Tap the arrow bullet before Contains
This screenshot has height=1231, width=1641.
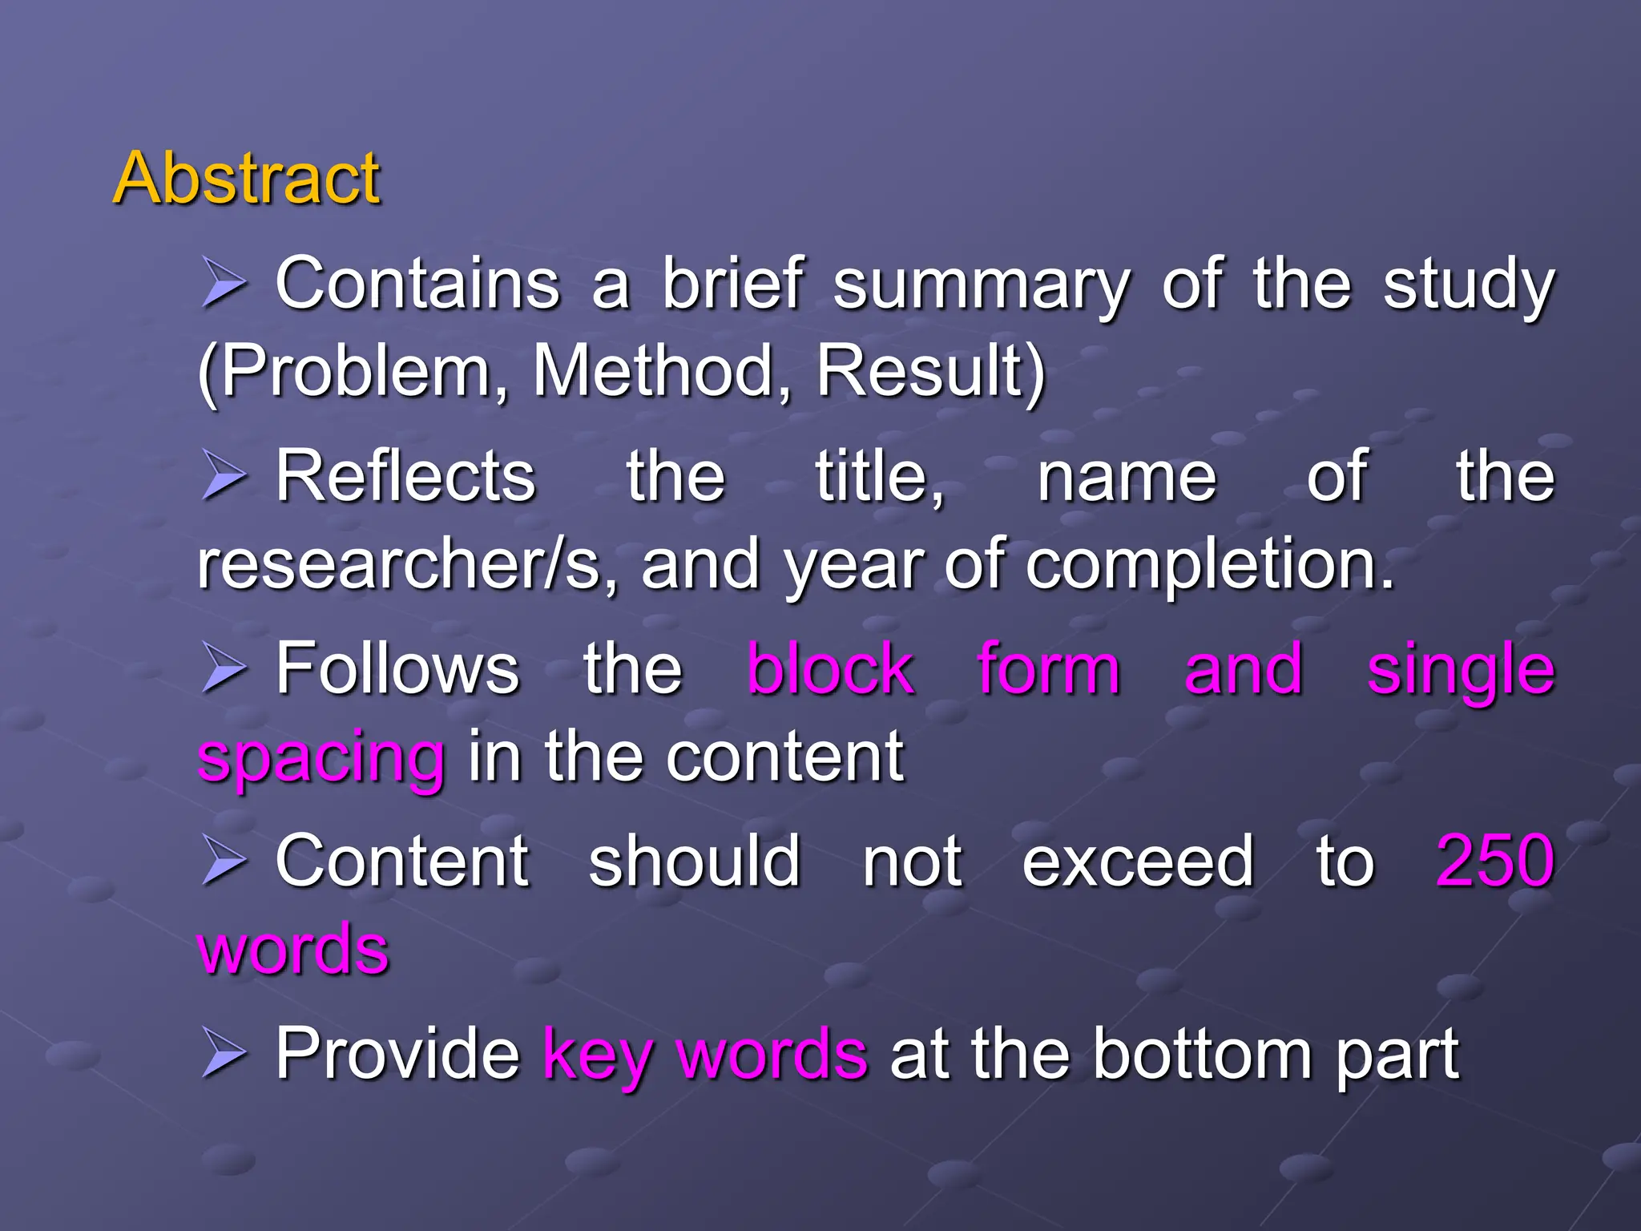(x=223, y=283)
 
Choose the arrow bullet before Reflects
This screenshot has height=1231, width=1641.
(x=223, y=475)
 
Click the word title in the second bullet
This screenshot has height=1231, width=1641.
(x=878, y=477)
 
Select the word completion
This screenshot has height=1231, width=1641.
(x=1210, y=566)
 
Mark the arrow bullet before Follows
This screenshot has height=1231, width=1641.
(x=223, y=668)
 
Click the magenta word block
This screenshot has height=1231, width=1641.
(x=830, y=669)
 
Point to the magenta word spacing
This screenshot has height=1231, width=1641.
(x=321, y=758)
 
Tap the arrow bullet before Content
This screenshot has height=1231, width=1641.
(x=223, y=860)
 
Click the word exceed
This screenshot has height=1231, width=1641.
(x=1138, y=862)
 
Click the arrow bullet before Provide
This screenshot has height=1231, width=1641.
(x=223, y=1052)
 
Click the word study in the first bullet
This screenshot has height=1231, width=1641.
(x=1468, y=285)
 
